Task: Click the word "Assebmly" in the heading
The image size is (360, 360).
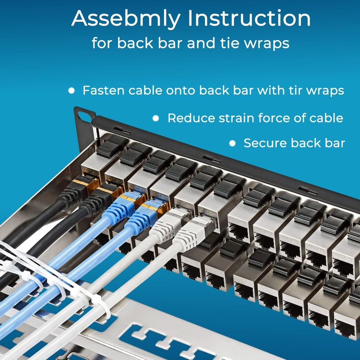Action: pos(125,19)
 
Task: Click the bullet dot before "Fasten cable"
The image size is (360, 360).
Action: pos(71,90)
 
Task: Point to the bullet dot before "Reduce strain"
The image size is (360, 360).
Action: pos(156,118)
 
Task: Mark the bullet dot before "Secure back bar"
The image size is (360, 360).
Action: pos(232,144)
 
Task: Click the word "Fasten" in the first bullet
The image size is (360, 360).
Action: pos(103,90)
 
